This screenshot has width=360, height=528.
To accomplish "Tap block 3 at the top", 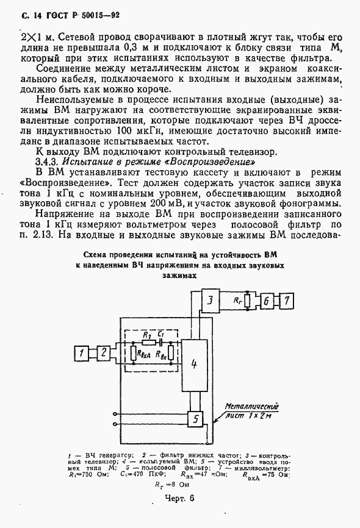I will pos(209,300).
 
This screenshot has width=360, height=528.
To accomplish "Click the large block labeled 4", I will pos(194,364).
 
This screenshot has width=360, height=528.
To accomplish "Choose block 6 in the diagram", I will pos(266,300).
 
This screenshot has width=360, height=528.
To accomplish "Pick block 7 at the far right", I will pos(287,300).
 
